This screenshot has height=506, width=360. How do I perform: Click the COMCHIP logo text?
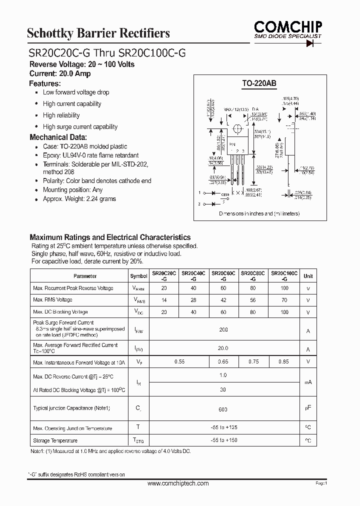coord(287,26)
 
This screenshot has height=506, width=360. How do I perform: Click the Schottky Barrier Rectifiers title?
coord(98,33)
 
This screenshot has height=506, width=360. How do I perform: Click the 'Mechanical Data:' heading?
coord(58,137)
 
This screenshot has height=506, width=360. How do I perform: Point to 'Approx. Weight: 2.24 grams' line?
coord(79,199)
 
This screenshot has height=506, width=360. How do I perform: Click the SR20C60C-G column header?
coord(223,276)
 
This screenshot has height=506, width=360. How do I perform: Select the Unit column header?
coord(308,276)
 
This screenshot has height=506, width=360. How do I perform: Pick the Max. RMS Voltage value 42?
coord(223,300)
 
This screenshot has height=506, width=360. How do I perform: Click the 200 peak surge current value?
coord(223,330)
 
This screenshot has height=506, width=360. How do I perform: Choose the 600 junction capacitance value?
coord(223,409)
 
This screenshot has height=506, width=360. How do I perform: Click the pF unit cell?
coord(308,408)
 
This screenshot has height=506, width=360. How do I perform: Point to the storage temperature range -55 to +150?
coord(223,440)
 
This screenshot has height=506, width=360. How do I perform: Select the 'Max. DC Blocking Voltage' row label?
coord(60,312)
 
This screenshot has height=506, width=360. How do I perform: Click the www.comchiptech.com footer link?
coord(178,483)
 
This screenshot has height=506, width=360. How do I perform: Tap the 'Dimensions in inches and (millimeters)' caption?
coord(259,213)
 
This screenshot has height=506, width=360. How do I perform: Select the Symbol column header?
coord(139,276)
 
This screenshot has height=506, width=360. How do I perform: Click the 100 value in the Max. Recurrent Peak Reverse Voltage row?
coord(284,288)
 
